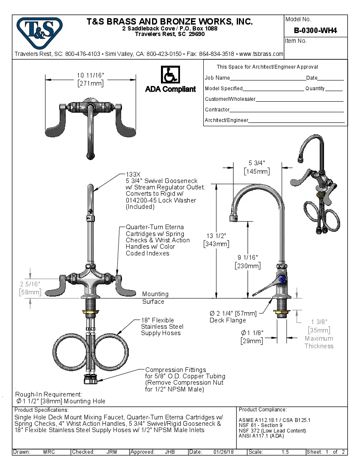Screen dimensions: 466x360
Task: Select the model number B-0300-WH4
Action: point(315,31)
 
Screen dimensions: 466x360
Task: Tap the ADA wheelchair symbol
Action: point(170,75)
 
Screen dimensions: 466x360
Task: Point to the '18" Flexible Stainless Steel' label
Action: point(162,327)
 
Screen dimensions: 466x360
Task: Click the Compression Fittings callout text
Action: point(176,370)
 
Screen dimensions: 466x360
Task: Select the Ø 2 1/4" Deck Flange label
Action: point(233,316)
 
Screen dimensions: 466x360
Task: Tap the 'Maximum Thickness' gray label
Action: point(318,342)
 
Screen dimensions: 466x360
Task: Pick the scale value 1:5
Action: point(285,452)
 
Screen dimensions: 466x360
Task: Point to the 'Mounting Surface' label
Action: point(155,297)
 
